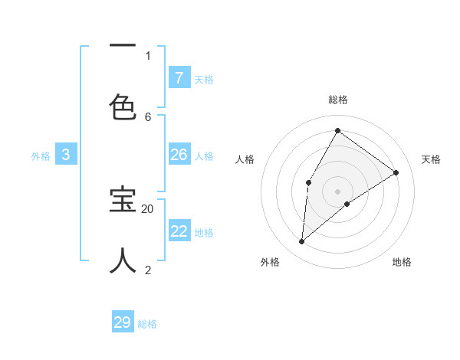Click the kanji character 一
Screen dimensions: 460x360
[123, 47]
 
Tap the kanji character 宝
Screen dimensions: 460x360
[123, 200]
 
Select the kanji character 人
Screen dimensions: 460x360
[123, 260]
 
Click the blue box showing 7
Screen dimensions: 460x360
[179, 77]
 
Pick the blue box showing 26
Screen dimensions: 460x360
[179, 155]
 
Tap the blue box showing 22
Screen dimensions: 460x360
[179, 231]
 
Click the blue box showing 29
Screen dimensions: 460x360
[123, 322]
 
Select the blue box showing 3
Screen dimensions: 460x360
[66, 155]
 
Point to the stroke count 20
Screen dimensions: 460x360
[148, 208]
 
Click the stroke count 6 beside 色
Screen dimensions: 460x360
[148, 116]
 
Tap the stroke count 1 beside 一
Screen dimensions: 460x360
[148, 55]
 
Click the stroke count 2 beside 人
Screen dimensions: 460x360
[148, 270]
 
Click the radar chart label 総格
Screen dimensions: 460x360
[337, 100]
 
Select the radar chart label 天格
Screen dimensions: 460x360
[431, 159]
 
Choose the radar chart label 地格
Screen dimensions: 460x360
[402, 262]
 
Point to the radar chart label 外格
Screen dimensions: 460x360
[270, 262]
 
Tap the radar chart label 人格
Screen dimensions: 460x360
[245, 159]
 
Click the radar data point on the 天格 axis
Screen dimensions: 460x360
[396, 172]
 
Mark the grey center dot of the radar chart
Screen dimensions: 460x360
[337, 191]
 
